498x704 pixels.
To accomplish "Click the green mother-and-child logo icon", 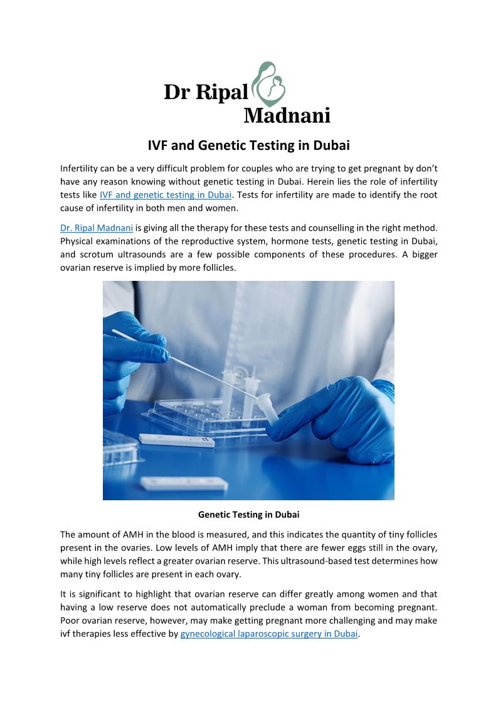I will coord(268,85).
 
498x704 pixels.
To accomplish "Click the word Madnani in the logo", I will coord(286,115).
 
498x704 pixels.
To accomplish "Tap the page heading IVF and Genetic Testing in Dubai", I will coord(248,145).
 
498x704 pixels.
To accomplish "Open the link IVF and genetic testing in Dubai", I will coord(166,195).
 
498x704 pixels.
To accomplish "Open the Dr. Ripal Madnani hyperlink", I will coord(97,228).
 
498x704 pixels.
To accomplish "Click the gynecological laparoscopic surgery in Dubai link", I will coord(268,634).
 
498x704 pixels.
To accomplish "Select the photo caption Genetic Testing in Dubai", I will coord(248,515).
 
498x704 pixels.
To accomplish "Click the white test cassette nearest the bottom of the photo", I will coord(183,483).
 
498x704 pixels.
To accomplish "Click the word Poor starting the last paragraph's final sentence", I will coord(70,621).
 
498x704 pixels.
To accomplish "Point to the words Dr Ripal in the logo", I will coord(206,93).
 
